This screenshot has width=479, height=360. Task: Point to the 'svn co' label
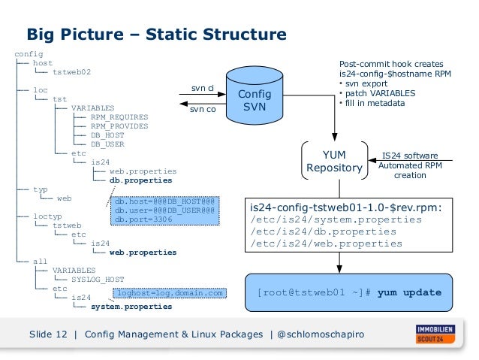[202, 110]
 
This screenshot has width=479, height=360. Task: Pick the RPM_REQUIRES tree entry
[119, 117]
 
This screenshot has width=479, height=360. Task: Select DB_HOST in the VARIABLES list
[107, 135]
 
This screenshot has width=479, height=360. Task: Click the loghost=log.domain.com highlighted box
[170, 292]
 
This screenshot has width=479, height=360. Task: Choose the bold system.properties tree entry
[131, 306]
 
